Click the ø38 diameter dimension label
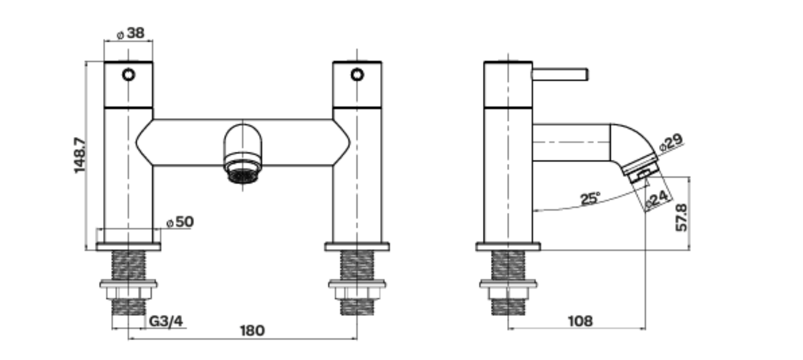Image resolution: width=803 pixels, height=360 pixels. point(131,34)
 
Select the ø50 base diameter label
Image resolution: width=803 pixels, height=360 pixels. point(180,222)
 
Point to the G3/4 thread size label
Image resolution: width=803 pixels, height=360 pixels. point(166,322)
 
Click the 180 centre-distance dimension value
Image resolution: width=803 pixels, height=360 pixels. point(252,330)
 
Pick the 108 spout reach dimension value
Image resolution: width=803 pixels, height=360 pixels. point(580,321)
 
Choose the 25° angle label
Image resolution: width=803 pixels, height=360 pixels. point(590,199)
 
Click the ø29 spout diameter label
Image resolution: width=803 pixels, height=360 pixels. point(671,142)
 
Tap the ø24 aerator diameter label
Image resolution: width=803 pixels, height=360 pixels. point(657,199)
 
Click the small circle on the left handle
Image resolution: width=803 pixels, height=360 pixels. point(128,74)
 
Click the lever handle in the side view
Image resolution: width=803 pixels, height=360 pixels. point(560,74)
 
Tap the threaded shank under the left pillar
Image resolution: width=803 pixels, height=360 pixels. point(128,265)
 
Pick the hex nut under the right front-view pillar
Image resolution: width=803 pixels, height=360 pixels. point(357,293)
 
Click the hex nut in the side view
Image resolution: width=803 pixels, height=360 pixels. point(508,293)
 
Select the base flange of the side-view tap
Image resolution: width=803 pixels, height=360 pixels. point(508,247)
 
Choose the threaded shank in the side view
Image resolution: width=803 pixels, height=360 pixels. point(508,265)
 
